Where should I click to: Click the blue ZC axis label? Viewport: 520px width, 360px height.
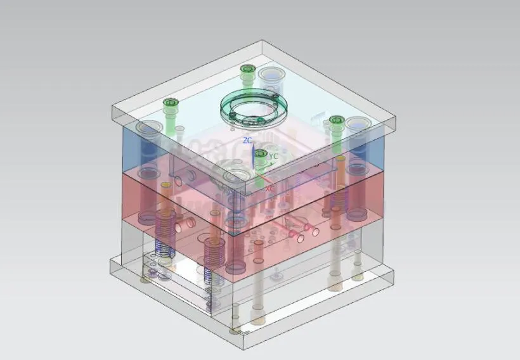coord(248,139)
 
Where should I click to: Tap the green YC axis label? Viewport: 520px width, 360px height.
coord(274,155)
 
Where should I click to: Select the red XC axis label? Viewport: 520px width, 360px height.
coord(270,188)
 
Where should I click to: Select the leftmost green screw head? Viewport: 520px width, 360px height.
coord(170,102)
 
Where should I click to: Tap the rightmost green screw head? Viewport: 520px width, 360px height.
coord(336,120)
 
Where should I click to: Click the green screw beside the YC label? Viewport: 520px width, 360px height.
coord(259,153)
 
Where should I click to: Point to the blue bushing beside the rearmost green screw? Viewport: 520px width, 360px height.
coord(271,74)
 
